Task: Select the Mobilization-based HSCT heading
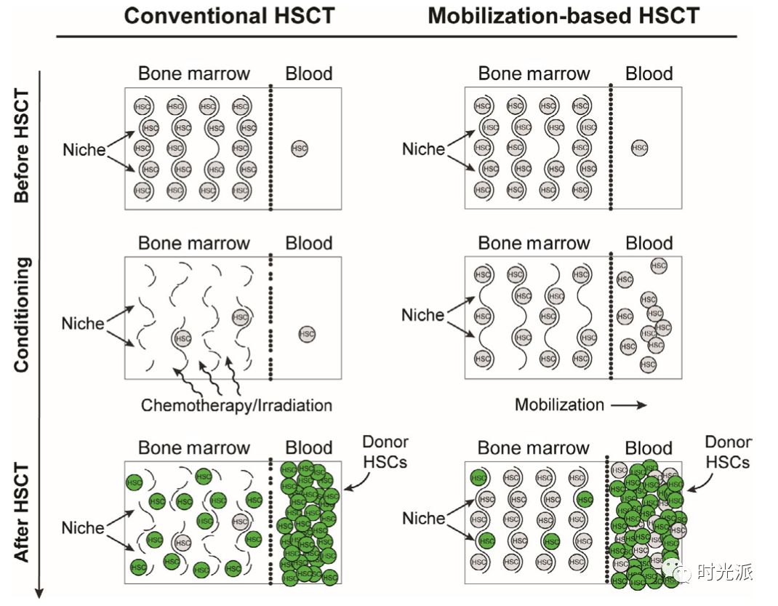click(564, 16)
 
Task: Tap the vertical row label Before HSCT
click(22, 145)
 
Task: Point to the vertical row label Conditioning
click(22, 314)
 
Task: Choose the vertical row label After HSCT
click(22, 512)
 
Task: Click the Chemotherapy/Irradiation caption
click(236, 405)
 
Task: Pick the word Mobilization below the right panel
click(559, 405)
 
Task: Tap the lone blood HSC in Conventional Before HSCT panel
click(299, 148)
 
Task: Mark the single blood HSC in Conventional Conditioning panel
click(308, 334)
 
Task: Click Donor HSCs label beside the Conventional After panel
click(385, 452)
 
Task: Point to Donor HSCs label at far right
click(729, 452)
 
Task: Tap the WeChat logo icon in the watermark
click(684, 573)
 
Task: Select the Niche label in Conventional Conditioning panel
click(83, 323)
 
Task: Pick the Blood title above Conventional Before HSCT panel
click(309, 73)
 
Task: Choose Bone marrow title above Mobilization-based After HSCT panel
click(534, 447)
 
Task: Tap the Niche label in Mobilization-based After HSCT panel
click(423, 519)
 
